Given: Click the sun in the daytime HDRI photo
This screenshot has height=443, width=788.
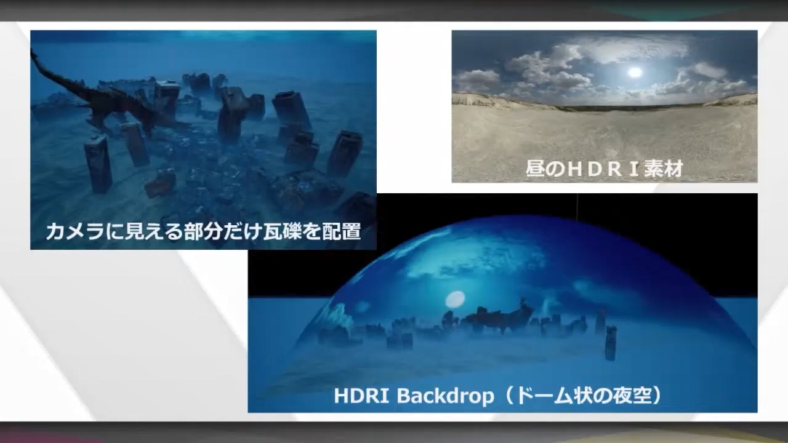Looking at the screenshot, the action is pyautogui.click(x=635, y=73).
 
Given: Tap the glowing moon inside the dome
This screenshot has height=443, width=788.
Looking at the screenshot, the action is pyautogui.click(x=455, y=300).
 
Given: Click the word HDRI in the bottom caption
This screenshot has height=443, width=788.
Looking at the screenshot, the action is pyautogui.click(x=361, y=396).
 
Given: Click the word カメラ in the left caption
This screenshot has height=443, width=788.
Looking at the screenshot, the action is pyautogui.click(x=75, y=232).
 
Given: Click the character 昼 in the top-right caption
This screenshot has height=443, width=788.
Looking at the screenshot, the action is pyautogui.click(x=536, y=168).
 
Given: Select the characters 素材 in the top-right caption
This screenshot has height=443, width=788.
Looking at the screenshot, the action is pyautogui.click(x=664, y=168).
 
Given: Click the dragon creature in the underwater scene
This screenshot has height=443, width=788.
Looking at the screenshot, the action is pyautogui.click(x=105, y=98).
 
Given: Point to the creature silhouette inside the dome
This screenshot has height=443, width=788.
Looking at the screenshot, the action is pyautogui.click(x=496, y=316).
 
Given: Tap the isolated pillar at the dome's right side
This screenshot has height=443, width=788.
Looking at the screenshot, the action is pyautogui.click(x=611, y=343).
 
